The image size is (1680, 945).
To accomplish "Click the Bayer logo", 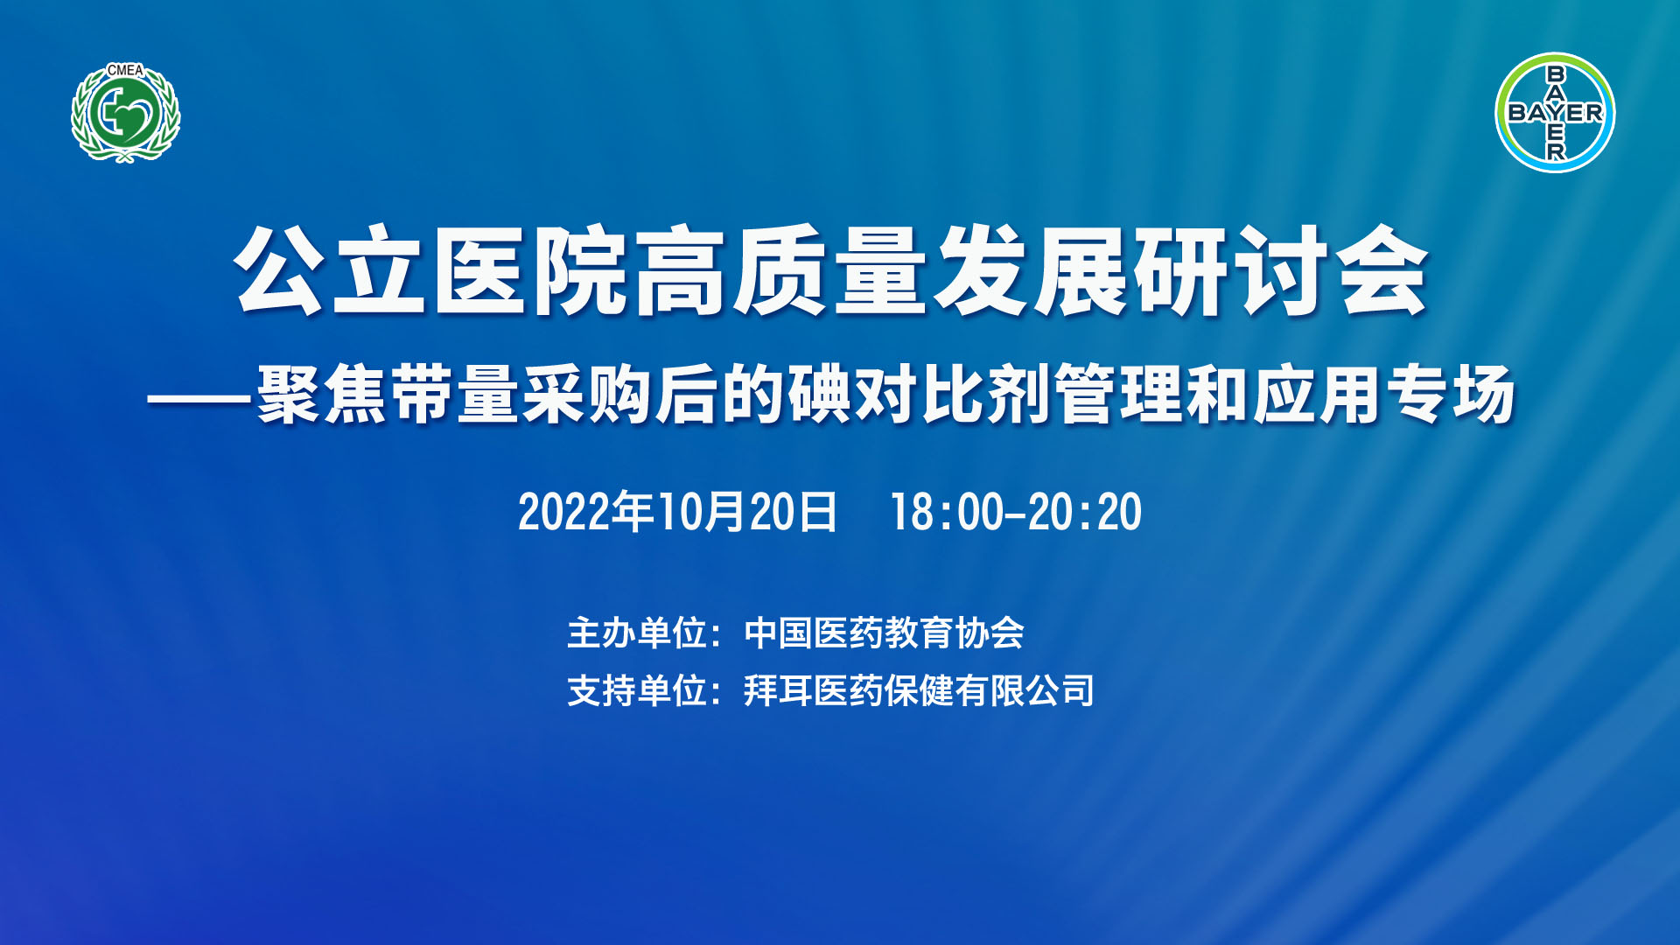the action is [x=1555, y=113].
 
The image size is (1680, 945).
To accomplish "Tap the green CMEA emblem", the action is [x=125, y=113].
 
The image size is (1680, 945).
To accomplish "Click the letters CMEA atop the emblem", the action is [x=125, y=70].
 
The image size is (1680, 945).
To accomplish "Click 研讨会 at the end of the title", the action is [x=1280, y=270].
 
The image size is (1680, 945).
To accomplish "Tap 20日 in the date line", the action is [x=794, y=512].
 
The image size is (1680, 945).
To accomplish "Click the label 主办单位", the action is [x=637, y=633].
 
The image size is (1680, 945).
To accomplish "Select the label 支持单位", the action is [x=637, y=690].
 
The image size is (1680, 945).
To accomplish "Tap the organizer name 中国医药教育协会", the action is [x=884, y=633].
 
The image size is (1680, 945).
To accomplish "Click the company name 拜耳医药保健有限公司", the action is [x=919, y=690].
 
